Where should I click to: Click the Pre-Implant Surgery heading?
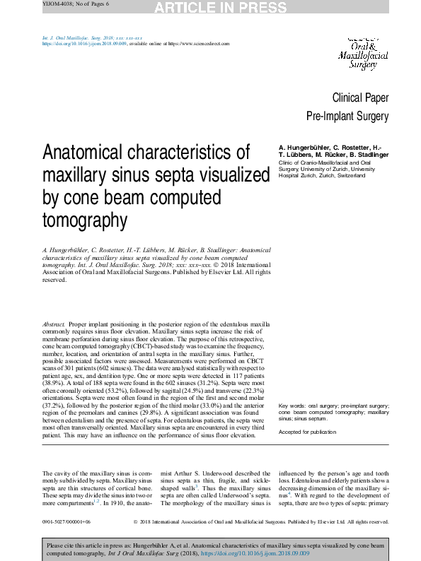pyautogui.click(x=347, y=115)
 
